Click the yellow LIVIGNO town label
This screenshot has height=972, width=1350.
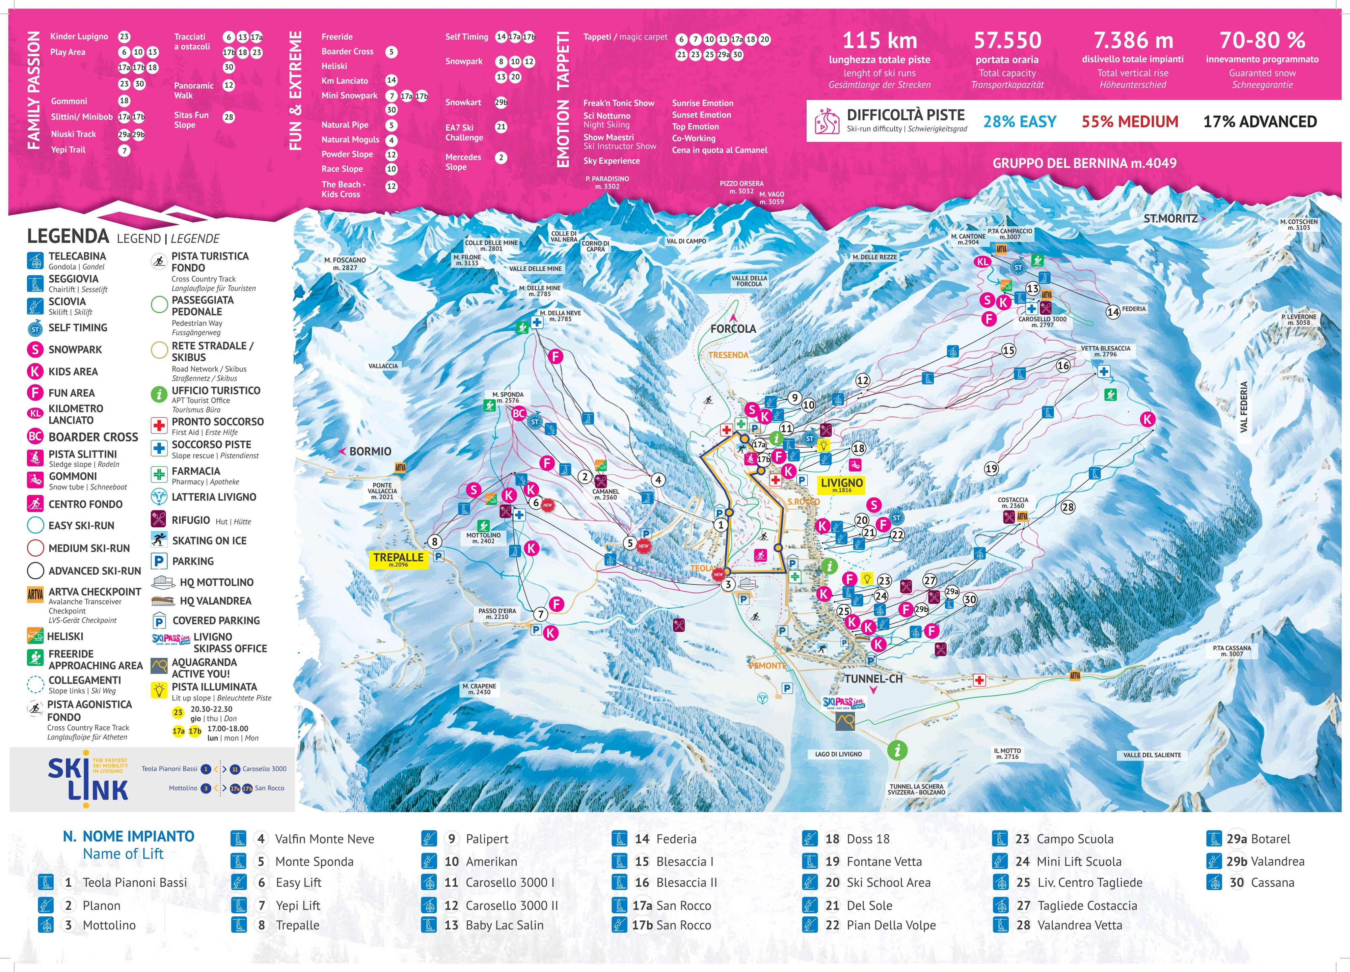tap(841, 484)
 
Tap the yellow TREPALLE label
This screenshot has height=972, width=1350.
tap(398, 559)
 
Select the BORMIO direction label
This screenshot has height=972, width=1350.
tap(369, 451)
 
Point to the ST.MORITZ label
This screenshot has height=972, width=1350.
tap(1170, 219)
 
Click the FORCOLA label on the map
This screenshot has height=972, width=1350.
tap(733, 328)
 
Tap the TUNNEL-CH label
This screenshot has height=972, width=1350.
tap(873, 679)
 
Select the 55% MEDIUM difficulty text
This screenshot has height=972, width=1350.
tap(1129, 122)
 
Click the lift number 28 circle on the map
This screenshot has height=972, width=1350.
tap(1068, 507)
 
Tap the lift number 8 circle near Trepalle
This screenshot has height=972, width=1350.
tap(434, 541)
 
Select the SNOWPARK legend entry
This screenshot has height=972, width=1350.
tap(74, 350)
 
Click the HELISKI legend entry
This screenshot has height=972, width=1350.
tap(65, 636)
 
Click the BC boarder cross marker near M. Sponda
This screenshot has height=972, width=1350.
tap(518, 413)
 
